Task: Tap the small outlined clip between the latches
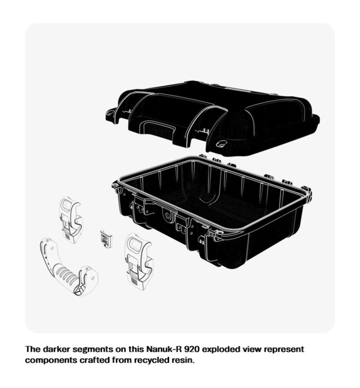coord(106,239)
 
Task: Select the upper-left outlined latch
coord(71,220)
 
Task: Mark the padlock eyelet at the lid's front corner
coord(221,144)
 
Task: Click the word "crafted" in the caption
coord(94,360)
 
